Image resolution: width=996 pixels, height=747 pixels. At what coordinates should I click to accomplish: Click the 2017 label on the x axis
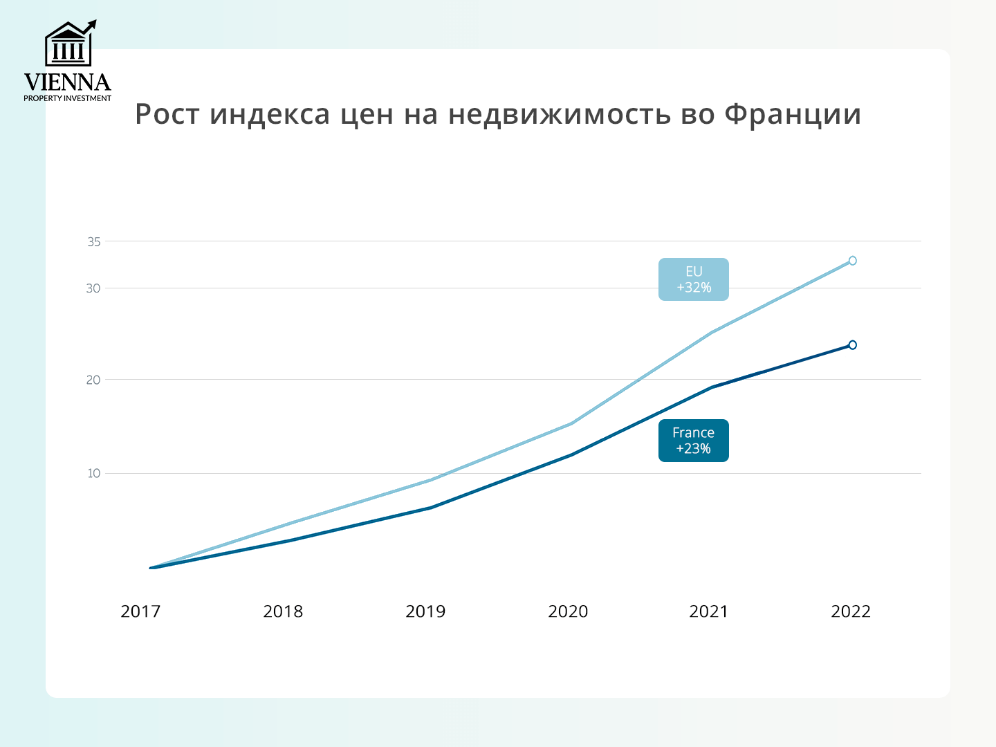140,611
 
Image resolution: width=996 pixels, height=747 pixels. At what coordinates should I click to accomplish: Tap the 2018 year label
283,611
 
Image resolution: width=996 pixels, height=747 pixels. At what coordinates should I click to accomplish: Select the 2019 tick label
425,611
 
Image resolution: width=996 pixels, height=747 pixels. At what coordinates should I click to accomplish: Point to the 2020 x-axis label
568,611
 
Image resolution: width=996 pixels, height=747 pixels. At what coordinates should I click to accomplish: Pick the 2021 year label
709,611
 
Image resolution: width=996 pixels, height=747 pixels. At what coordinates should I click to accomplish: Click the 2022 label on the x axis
851,611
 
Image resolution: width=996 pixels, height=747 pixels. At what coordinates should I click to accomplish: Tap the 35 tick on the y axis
94,242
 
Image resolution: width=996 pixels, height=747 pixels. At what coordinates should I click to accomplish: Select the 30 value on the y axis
93,288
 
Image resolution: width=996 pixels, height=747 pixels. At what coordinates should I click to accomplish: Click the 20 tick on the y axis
93,380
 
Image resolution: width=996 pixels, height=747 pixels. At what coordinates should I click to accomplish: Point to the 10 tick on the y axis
93,474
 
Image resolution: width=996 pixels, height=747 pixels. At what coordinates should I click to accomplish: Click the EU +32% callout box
694,279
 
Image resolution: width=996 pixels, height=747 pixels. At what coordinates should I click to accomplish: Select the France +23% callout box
694,441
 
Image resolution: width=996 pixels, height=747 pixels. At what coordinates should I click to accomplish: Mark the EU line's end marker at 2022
852,261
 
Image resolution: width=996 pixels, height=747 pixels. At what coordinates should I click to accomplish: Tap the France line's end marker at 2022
852,345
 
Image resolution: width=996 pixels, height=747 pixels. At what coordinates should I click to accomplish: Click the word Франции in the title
793,115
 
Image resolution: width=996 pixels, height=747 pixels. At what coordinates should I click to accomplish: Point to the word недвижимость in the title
559,115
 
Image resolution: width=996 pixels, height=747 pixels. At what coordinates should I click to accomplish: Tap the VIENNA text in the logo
68,83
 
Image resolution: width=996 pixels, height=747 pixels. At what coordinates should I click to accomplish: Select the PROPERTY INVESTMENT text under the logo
68,98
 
